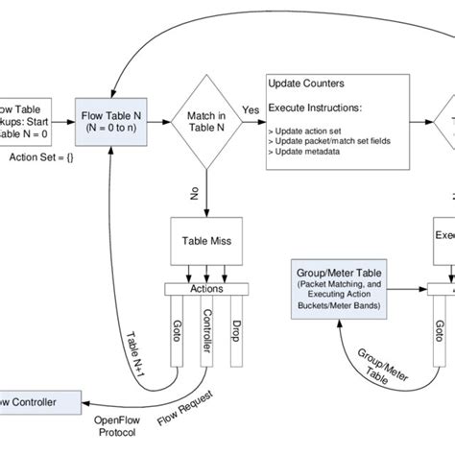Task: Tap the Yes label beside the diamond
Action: (x=251, y=110)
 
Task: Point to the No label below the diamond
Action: (x=194, y=193)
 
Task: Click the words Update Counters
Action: (x=307, y=84)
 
